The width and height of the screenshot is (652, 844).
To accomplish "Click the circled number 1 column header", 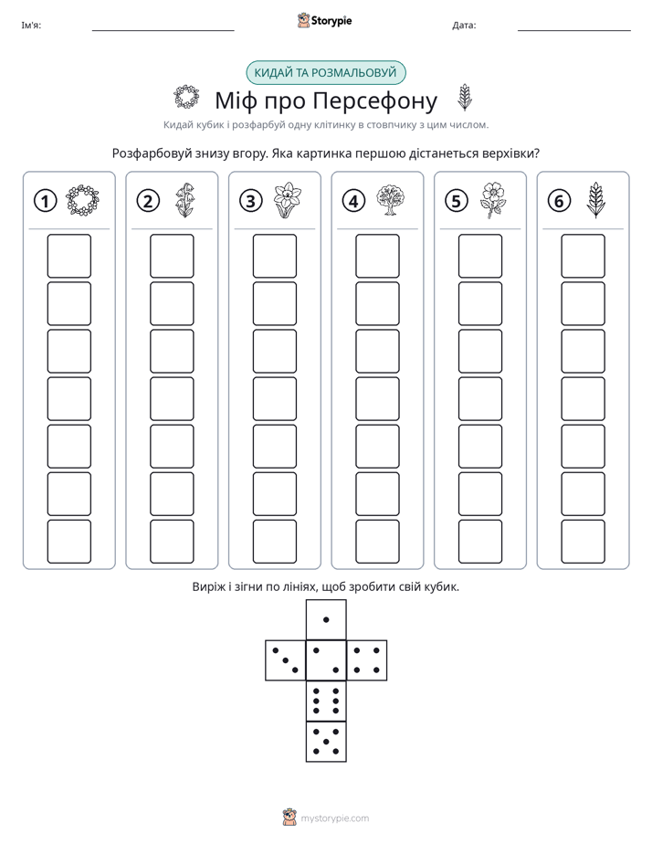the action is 45,201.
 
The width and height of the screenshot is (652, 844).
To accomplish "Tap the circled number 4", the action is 353,201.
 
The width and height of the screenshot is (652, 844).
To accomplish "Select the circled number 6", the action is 559,201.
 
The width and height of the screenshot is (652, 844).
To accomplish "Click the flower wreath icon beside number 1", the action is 82,200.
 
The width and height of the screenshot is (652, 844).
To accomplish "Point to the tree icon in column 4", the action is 391,200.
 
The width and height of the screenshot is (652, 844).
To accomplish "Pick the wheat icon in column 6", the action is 595,200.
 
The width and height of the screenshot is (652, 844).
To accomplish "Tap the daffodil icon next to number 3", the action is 288,200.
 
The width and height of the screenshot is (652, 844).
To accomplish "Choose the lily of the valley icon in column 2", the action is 185,200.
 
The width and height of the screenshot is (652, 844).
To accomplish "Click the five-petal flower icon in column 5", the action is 493,200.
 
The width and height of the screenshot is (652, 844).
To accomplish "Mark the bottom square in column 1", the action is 68,542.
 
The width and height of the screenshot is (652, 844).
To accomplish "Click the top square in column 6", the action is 584,256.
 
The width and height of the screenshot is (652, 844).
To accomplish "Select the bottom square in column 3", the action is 274,542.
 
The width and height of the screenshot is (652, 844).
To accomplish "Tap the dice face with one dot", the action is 326,619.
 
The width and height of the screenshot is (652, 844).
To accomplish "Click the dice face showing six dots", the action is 326,701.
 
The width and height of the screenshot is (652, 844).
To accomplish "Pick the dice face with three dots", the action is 286,660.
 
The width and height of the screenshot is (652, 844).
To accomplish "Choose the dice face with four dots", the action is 367,660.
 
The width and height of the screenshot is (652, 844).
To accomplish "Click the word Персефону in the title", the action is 375,100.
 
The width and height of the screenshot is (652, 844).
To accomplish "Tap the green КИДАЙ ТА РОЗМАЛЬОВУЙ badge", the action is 325,73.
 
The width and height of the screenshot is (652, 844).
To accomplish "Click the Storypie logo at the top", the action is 324,21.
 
